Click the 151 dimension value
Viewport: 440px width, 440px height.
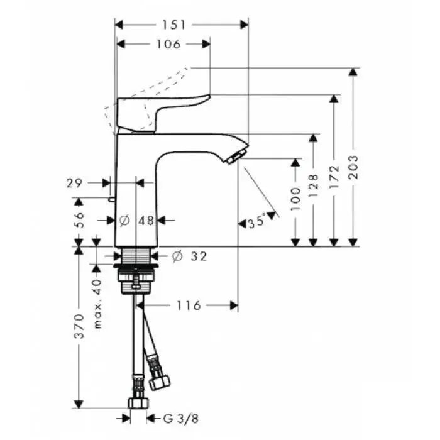tap(174, 25)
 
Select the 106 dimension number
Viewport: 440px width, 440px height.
tap(168, 44)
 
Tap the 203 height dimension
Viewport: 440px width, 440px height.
tap(355, 167)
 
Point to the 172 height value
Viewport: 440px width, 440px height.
tap(334, 177)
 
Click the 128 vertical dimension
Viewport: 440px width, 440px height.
tap(314, 186)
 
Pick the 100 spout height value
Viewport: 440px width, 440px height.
tap(295, 199)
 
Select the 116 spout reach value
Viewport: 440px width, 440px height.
tap(189, 305)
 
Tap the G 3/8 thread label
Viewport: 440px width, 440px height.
tap(181, 419)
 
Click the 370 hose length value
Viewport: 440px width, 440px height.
tap(79, 326)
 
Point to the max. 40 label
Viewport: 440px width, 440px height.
tap(97, 304)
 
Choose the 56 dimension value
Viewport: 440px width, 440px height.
tap(79, 220)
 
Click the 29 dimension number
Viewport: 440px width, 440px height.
tap(74, 184)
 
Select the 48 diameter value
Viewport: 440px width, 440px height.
tap(146, 221)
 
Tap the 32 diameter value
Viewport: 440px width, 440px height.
tap(199, 256)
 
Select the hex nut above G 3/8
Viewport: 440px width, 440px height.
tap(138, 402)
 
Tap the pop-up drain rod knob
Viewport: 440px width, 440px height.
tap(111, 199)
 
